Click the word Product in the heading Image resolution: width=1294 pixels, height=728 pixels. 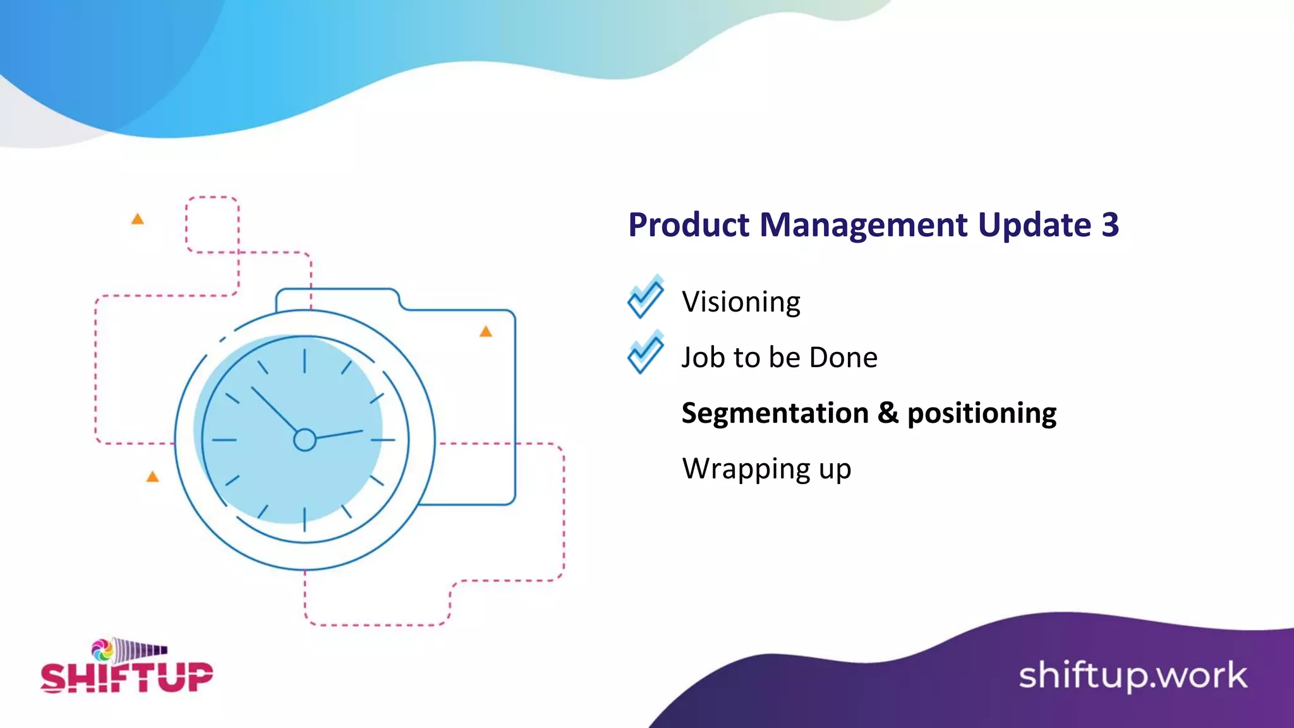point(688,225)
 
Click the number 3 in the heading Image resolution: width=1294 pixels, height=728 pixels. point(1110,225)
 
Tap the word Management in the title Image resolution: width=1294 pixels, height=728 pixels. point(863,225)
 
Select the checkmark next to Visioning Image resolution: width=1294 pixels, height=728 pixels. point(645,297)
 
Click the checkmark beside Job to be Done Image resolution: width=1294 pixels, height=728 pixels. point(645,353)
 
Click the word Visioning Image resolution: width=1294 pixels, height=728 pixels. point(741,302)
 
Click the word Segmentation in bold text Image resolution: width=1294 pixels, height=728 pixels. point(775,413)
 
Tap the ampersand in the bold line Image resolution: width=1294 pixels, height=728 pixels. point(887,413)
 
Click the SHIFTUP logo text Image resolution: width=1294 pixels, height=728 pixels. point(126,677)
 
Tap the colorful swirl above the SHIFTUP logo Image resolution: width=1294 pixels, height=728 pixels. point(102,649)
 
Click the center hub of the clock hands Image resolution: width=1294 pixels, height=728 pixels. point(305,440)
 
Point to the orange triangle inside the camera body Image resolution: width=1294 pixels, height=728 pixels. point(485,332)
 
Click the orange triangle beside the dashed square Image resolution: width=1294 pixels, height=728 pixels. point(137,219)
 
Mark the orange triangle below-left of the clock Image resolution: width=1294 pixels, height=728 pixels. point(152,476)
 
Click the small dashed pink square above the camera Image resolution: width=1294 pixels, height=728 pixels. point(212,224)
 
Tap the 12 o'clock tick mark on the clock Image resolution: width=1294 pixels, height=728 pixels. point(305,361)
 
